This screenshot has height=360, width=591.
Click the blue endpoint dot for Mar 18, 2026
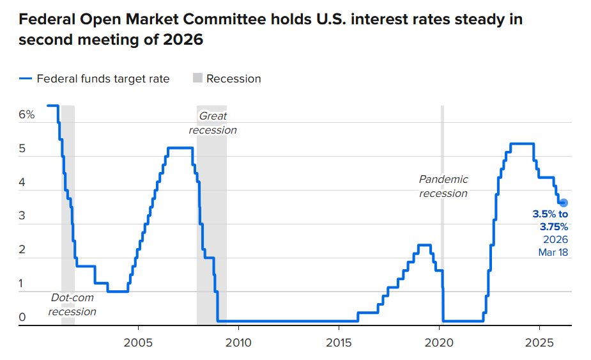563,203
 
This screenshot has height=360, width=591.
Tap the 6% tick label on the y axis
26,115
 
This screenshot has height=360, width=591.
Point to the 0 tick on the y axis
22,317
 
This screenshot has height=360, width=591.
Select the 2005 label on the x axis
138,342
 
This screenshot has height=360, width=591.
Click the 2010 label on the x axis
238,342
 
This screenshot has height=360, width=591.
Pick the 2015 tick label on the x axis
339,342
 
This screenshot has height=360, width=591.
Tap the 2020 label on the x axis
440,342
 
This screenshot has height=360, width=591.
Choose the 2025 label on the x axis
540,342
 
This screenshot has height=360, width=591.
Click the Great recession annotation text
213,123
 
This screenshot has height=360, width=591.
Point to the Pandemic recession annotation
443,186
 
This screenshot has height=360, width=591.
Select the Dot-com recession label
72,304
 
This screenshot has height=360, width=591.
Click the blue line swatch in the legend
26,79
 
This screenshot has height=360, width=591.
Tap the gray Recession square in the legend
197,79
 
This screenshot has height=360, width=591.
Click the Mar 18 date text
553,253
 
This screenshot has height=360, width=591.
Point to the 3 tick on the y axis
22,216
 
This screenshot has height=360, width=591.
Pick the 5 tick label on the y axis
22,149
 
